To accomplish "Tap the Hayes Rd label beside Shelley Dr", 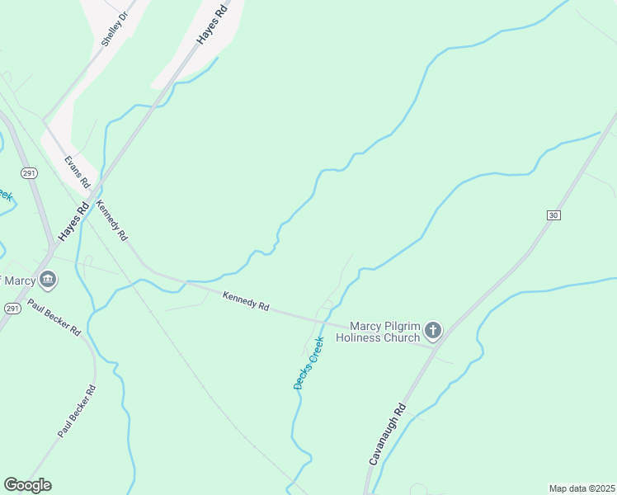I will (x=211, y=27).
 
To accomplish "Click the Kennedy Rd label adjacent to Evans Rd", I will (x=112, y=219).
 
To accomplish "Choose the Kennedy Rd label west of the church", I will (x=246, y=300).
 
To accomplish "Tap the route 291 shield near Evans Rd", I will (x=29, y=173).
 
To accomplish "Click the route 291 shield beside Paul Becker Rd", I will (x=12, y=308).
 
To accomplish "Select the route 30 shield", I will (x=553, y=214).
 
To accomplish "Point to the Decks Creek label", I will (x=308, y=362).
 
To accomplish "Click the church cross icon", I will (x=433, y=332).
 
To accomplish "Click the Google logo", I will (x=27, y=485).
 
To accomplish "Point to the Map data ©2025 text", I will (x=582, y=488).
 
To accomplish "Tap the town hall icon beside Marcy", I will (x=48, y=280).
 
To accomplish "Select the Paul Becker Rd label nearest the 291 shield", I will (x=54, y=317).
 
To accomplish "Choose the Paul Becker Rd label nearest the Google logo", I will (x=77, y=410).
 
